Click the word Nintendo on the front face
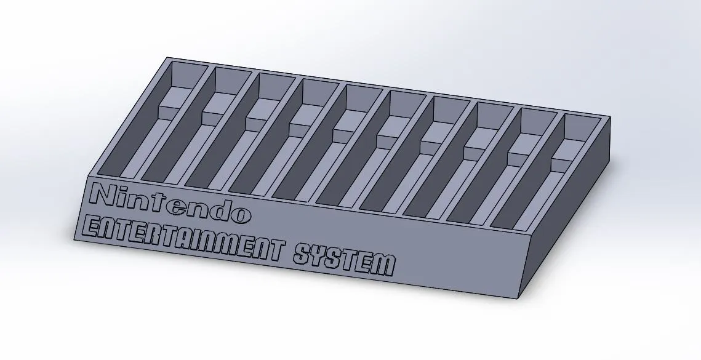[170, 202]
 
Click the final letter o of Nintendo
[241, 214]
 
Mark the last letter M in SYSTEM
[383, 265]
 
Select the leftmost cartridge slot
[160, 123]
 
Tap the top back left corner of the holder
[167, 58]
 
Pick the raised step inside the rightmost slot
[565, 151]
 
